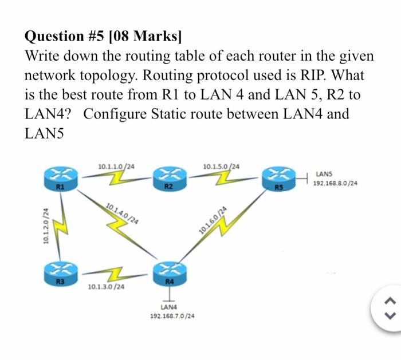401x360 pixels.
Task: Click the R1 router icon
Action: click(x=59, y=177)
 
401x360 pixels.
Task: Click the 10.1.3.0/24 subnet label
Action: click(x=105, y=286)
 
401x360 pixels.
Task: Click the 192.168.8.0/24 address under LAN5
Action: click(x=336, y=184)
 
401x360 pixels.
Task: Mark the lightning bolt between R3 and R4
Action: click(x=114, y=271)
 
